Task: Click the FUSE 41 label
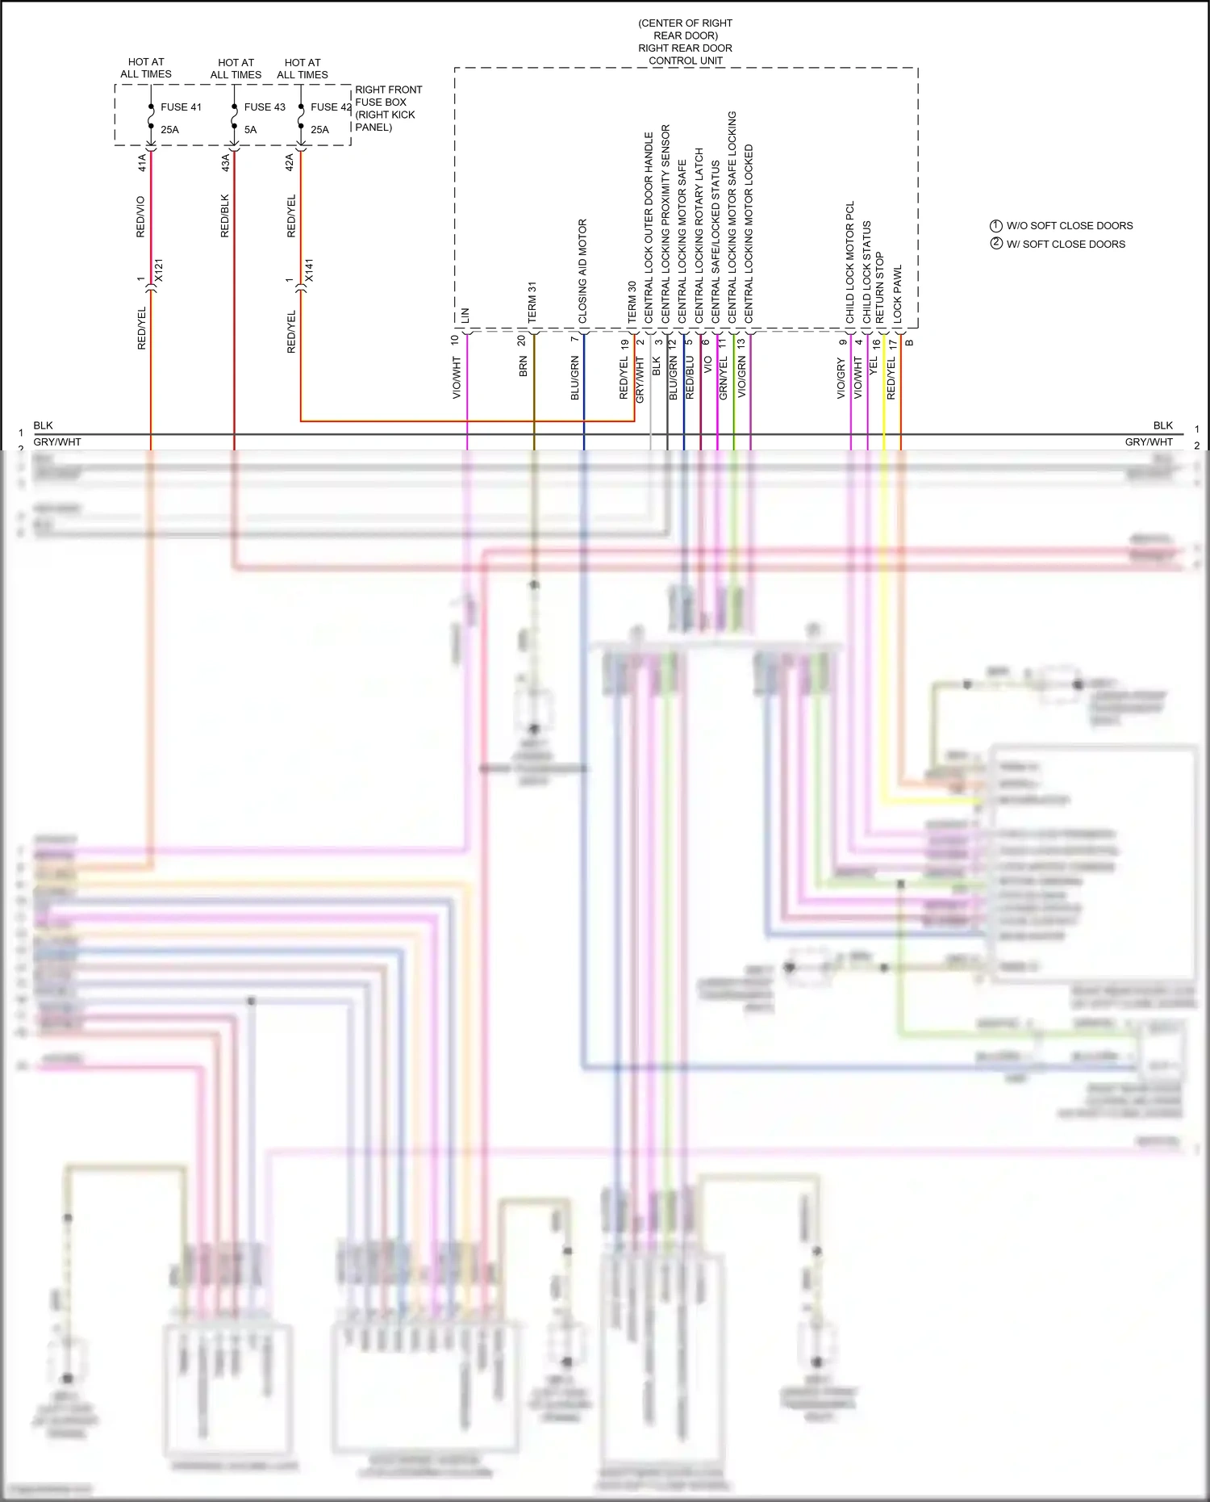pyautogui.click(x=181, y=107)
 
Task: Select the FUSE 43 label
pyautogui.click(x=265, y=107)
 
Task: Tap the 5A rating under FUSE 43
pyautogui.click(x=251, y=129)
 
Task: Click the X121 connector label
pyautogui.click(x=159, y=270)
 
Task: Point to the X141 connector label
pyautogui.click(x=309, y=270)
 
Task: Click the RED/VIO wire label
pyautogui.click(x=140, y=216)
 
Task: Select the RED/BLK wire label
pyautogui.click(x=225, y=215)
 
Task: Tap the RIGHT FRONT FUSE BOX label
pyautogui.click(x=388, y=102)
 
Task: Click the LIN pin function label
pyautogui.click(x=465, y=316)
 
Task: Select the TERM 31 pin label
pyautogui.click(x=532, y=303)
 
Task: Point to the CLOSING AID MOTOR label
pyautogui.click(x=582, y=271)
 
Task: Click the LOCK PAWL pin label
pyautogui.click(x=898, y=295)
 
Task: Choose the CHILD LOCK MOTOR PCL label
pyautogui.click(x=849, y=262)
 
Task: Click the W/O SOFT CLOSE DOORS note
pyautogui.click(x=1069, y=226)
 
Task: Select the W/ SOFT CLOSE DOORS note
pyautogui.click(x=1065, y=244)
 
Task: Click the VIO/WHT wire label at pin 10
pyautogui.click(x=457, y=379)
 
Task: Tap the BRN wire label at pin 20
pyautogui.click(x=524, y=367)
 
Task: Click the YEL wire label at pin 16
pyautogui.click(x=873, y=366)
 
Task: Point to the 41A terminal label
pyautogui.click(x=142, y=162)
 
